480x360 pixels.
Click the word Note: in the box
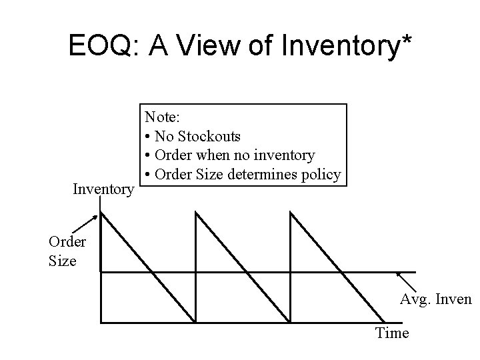(163, 117)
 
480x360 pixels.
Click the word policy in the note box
(323, 175)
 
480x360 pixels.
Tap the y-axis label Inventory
(103, 190)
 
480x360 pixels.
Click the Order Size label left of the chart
(63, 250)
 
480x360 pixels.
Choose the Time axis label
(392, 333)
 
